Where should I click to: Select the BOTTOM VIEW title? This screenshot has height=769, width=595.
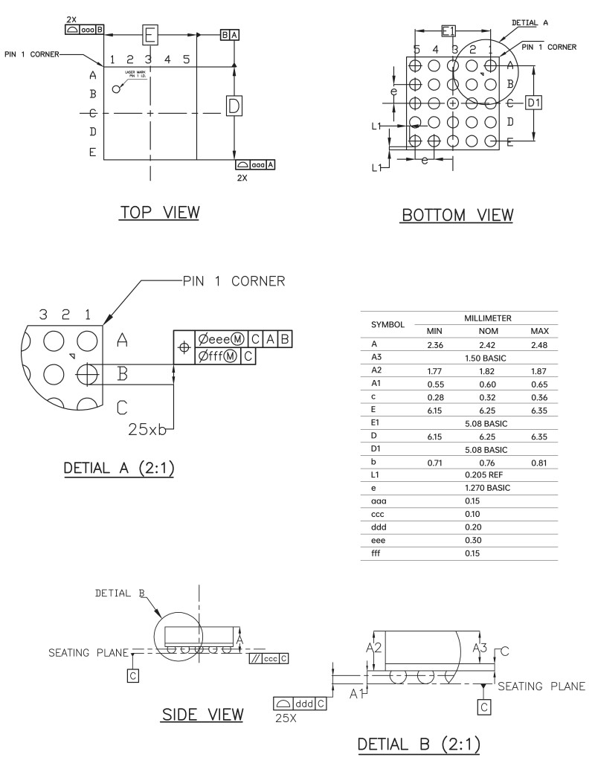click(457, 215)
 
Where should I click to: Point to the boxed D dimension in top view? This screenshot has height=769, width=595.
click(234, 106)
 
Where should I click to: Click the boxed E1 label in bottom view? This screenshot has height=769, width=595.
click(448, 30)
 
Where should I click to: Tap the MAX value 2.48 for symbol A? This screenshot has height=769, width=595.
click(538, 344)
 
